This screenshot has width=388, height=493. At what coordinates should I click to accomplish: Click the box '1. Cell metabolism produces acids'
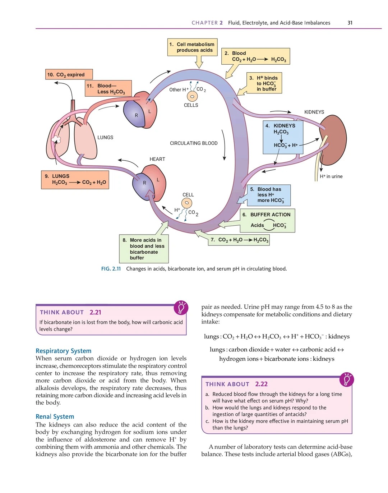tap(192, 47)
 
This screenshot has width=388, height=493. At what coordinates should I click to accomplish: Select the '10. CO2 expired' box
tap(69, 74)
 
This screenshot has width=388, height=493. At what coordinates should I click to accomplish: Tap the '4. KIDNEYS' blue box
tap(283, 137)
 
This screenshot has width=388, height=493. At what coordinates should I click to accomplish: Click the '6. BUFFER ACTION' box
tap(267, 220)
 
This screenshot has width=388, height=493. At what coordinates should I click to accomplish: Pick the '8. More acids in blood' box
tap(144, 249)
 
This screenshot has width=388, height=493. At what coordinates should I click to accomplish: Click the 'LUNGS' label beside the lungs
tap(105, 137)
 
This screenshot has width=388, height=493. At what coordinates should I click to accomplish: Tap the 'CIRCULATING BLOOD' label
tap(194, 143)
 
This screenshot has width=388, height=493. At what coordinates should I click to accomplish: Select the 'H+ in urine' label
tap(331, 176)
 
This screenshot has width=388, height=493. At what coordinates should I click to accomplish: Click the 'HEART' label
tap(157, 159)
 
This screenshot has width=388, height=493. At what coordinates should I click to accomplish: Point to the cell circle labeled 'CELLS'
tap(193, 97)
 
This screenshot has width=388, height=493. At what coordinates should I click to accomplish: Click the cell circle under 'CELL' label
tap(187, 203)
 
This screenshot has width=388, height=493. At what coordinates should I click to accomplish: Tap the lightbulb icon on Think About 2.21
tap(181, 308)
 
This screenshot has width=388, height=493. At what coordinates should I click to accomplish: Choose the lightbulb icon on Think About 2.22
tap(347, 379)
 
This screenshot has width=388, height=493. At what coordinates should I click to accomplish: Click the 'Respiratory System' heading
tap(64, 351)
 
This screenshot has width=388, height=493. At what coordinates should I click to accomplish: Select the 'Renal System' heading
tap(55, 416)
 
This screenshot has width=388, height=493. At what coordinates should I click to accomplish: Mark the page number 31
tap(350, 23)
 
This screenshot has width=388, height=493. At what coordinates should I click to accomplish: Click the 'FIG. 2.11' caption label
tap(111, 268)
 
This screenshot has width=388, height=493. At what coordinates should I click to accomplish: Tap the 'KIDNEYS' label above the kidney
tap(314, 112)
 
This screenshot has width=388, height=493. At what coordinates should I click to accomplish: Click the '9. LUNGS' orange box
tap(75, 180)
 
